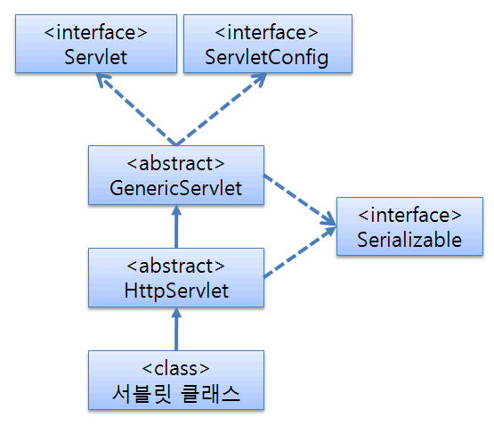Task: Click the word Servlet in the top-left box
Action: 96,57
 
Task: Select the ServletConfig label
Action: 267,58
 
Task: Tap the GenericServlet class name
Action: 176,188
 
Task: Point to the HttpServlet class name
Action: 176,291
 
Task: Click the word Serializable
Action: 409,240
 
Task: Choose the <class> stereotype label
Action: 176,369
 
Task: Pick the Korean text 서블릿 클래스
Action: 176,394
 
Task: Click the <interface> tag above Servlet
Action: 96,32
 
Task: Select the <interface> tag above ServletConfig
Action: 266,32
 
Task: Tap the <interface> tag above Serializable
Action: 409,215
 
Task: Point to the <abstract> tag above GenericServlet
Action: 176,164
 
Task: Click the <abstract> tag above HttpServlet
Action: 176,266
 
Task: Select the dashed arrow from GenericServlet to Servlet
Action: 136,110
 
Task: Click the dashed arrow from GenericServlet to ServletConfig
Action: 221,110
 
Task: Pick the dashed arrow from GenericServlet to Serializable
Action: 300,200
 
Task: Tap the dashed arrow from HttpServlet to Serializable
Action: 300,252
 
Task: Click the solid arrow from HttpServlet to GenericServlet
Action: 176,226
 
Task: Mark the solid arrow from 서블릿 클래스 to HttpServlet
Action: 176,329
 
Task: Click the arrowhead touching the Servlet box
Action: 101,79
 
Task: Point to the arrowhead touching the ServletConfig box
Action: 261,79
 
